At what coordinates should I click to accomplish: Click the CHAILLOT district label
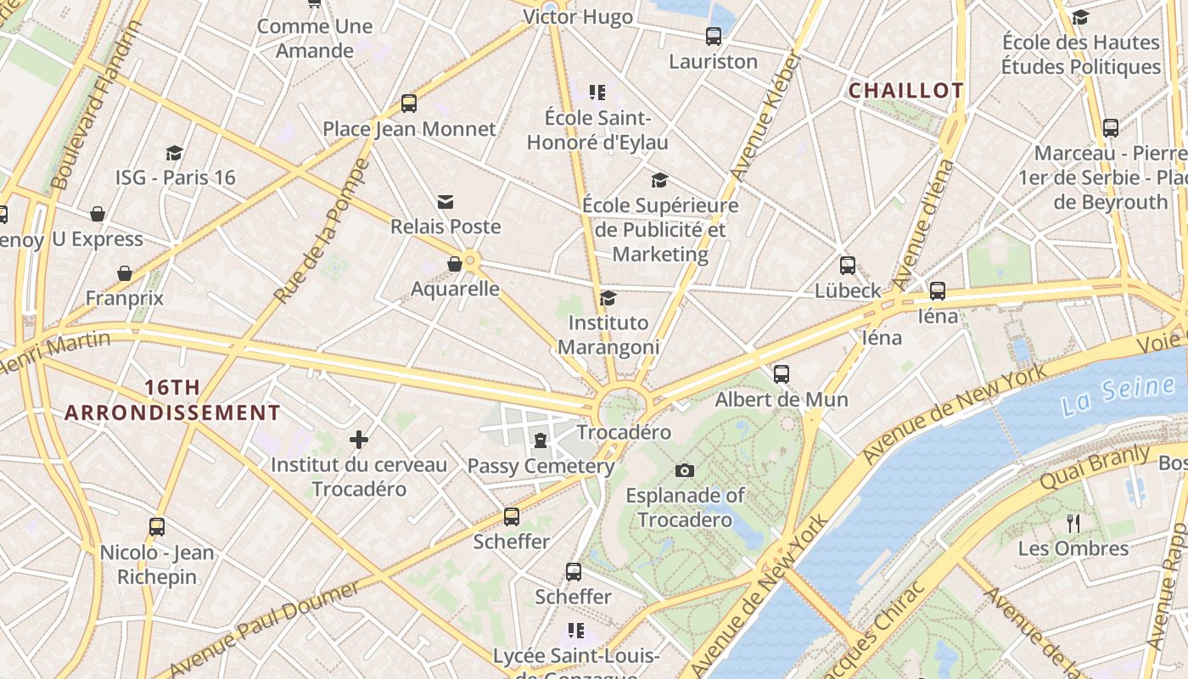click(906, 91)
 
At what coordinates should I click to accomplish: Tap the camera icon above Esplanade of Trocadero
click(685, 470)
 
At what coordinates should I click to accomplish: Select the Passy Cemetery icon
click(541, 440)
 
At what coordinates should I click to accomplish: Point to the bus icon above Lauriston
click(714, 36)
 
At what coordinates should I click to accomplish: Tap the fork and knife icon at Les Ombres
click(1073, 523)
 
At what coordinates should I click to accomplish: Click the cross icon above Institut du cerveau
click(359, 439)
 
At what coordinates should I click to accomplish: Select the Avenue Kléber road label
click(765, 116)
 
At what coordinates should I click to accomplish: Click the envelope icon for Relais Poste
click(445, 202)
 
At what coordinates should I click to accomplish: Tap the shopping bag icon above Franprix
click(125, 273)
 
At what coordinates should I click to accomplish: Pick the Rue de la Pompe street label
click(322, 232)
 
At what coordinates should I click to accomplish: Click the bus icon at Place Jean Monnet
click(409, 104)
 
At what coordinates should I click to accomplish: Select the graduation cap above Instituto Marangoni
click(608, 298)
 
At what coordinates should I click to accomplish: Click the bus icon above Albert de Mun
click(782, 373)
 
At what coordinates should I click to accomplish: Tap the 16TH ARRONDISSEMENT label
click(172, 401)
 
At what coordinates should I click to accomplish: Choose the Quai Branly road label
click(1094, 467)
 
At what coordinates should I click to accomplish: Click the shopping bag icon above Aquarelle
click(455, 264)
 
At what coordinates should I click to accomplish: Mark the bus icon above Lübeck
click(847, 266)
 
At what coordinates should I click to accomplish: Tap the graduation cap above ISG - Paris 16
click(175, 153)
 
